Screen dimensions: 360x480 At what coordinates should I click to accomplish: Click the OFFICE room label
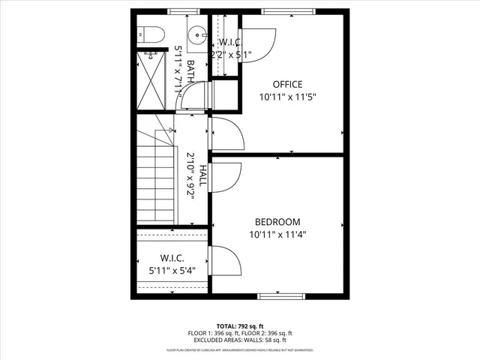pyautogui.click(x=287, y=84)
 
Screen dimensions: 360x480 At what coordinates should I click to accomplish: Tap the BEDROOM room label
pyautogui.click(x=277, y=222)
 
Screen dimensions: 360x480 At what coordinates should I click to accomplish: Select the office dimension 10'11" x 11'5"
pyautogui.click(x=287, y=97)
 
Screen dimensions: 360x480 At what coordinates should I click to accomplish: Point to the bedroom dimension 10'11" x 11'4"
pyautogui.click(x=277, y=234)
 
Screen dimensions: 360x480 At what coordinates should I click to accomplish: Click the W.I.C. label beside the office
pyautogui.click(x=230, y=41)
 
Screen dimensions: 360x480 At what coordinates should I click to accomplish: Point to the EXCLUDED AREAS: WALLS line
pyautogui.click(x=240, y=340)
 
